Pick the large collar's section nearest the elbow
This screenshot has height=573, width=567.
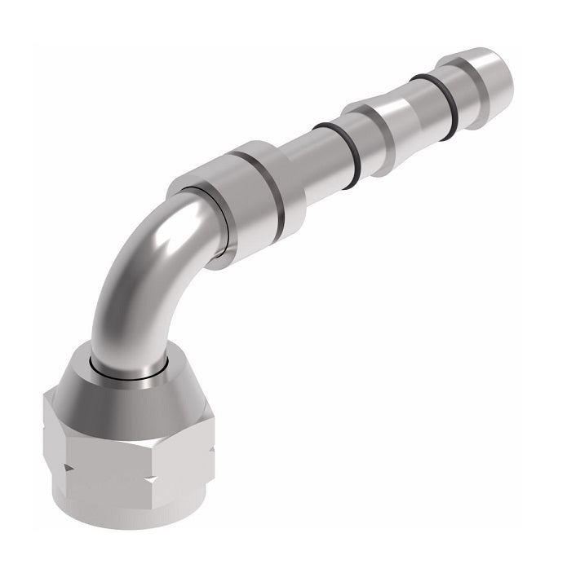point(204,220)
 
